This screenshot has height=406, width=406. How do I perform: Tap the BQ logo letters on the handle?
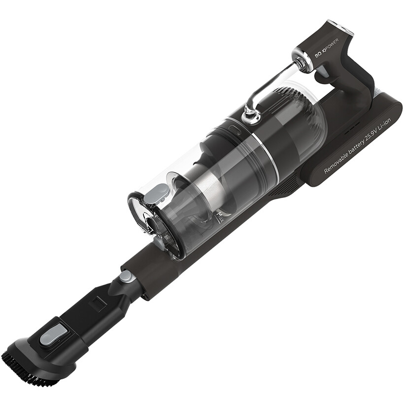(x=318, y=55)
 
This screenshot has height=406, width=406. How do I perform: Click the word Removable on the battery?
(x=336, y=162)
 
